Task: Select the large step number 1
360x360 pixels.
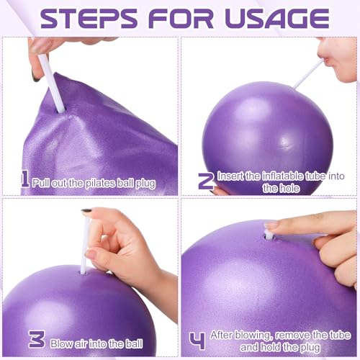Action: [24, 178]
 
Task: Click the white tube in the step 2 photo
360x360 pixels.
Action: [308, 74]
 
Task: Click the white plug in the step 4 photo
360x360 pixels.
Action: [269, 233]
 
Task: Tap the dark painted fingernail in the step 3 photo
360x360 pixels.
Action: [86, 213]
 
